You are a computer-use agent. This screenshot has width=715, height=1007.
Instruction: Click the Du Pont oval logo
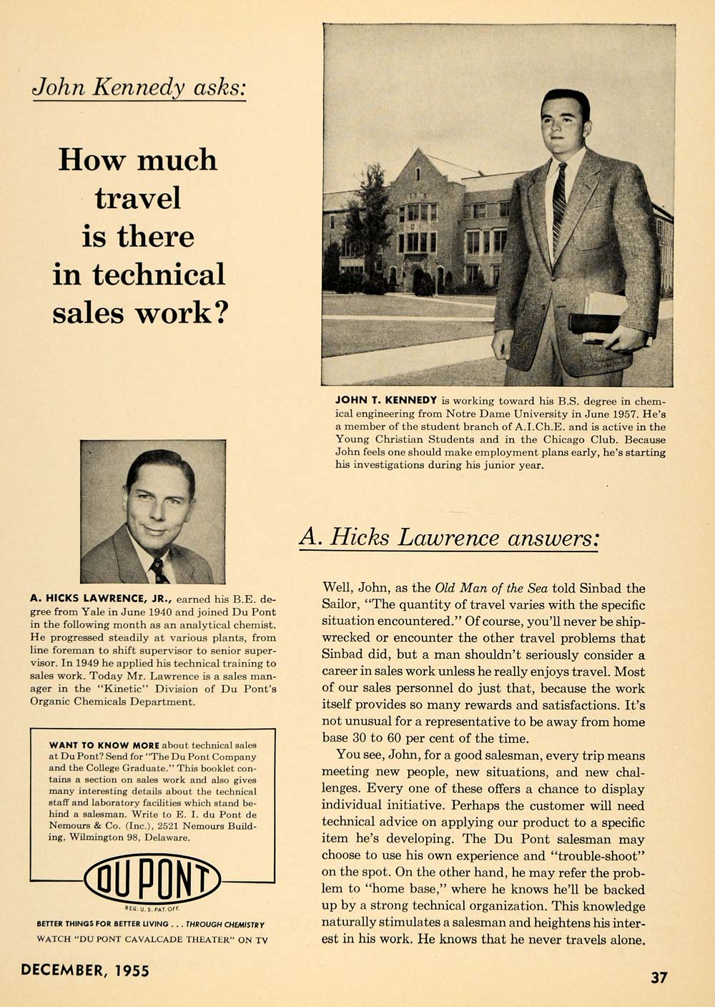[x=152, y=878]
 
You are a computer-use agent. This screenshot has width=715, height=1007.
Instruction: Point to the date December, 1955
[x=85, y=970]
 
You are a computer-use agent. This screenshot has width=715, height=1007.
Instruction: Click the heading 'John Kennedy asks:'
[x=140, y=87]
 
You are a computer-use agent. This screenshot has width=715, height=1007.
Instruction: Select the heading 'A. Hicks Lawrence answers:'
[x=448, y=536]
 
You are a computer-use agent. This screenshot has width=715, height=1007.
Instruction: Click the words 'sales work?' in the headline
[x=139, y=313]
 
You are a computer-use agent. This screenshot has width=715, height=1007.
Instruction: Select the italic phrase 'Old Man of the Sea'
[x=490, y=589]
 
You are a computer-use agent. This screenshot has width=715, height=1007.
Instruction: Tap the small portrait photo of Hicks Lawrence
[x=153, y=511]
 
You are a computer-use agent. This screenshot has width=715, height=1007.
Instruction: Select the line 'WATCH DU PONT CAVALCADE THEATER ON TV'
[x=152, y=940]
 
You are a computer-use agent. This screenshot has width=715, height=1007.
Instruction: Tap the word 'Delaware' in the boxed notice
[x=168, y=837]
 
